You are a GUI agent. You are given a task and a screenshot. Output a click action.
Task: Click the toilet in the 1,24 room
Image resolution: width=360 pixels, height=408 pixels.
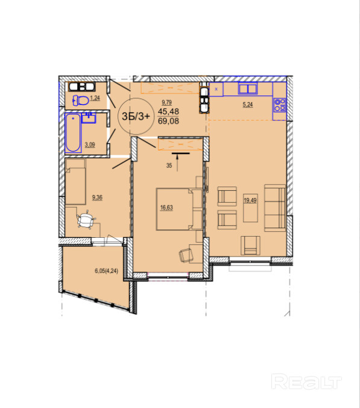click(81, 100)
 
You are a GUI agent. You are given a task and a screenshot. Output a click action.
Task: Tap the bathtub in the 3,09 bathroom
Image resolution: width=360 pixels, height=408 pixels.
click(73, 133)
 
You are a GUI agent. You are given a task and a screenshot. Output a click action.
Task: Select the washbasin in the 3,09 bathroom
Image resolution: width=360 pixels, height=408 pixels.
click(89, 118)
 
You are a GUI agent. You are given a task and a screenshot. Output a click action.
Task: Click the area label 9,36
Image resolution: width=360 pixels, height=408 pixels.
click(97, 197)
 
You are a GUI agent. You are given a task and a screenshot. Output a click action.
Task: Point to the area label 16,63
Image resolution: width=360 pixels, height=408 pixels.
click(166, 208)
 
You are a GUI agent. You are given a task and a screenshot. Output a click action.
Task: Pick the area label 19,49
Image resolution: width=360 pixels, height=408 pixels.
click(250, 200)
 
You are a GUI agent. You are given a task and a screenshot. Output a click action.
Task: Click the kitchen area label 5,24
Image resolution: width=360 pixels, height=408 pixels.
click(247, 104)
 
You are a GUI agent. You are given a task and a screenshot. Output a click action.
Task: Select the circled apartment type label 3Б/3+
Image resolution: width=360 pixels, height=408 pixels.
click(136, 116)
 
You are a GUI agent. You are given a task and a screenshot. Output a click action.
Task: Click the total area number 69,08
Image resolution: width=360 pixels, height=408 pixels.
click(168, 121)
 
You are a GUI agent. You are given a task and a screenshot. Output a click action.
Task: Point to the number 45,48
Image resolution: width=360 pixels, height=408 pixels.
click(168, 112)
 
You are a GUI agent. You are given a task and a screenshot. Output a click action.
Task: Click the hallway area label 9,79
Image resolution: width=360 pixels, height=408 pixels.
click(166, 103)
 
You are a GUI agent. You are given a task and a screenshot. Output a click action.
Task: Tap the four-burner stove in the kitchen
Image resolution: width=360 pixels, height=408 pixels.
click(280, 104)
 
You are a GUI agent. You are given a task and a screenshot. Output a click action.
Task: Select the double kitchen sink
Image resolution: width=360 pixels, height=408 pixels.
click(248, 89)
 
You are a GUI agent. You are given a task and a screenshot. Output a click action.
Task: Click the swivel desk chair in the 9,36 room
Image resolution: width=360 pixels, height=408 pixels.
click(86, 221)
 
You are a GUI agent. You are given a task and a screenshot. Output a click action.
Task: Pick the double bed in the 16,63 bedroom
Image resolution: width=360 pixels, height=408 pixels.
click(179, 209)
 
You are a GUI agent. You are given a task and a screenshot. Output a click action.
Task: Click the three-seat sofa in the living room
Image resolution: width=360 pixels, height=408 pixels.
click(275, 208)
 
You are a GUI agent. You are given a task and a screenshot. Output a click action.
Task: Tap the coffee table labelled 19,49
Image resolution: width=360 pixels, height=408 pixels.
click(250, 208)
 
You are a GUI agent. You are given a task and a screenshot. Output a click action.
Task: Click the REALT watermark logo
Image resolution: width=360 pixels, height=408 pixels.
click(306, 382)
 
